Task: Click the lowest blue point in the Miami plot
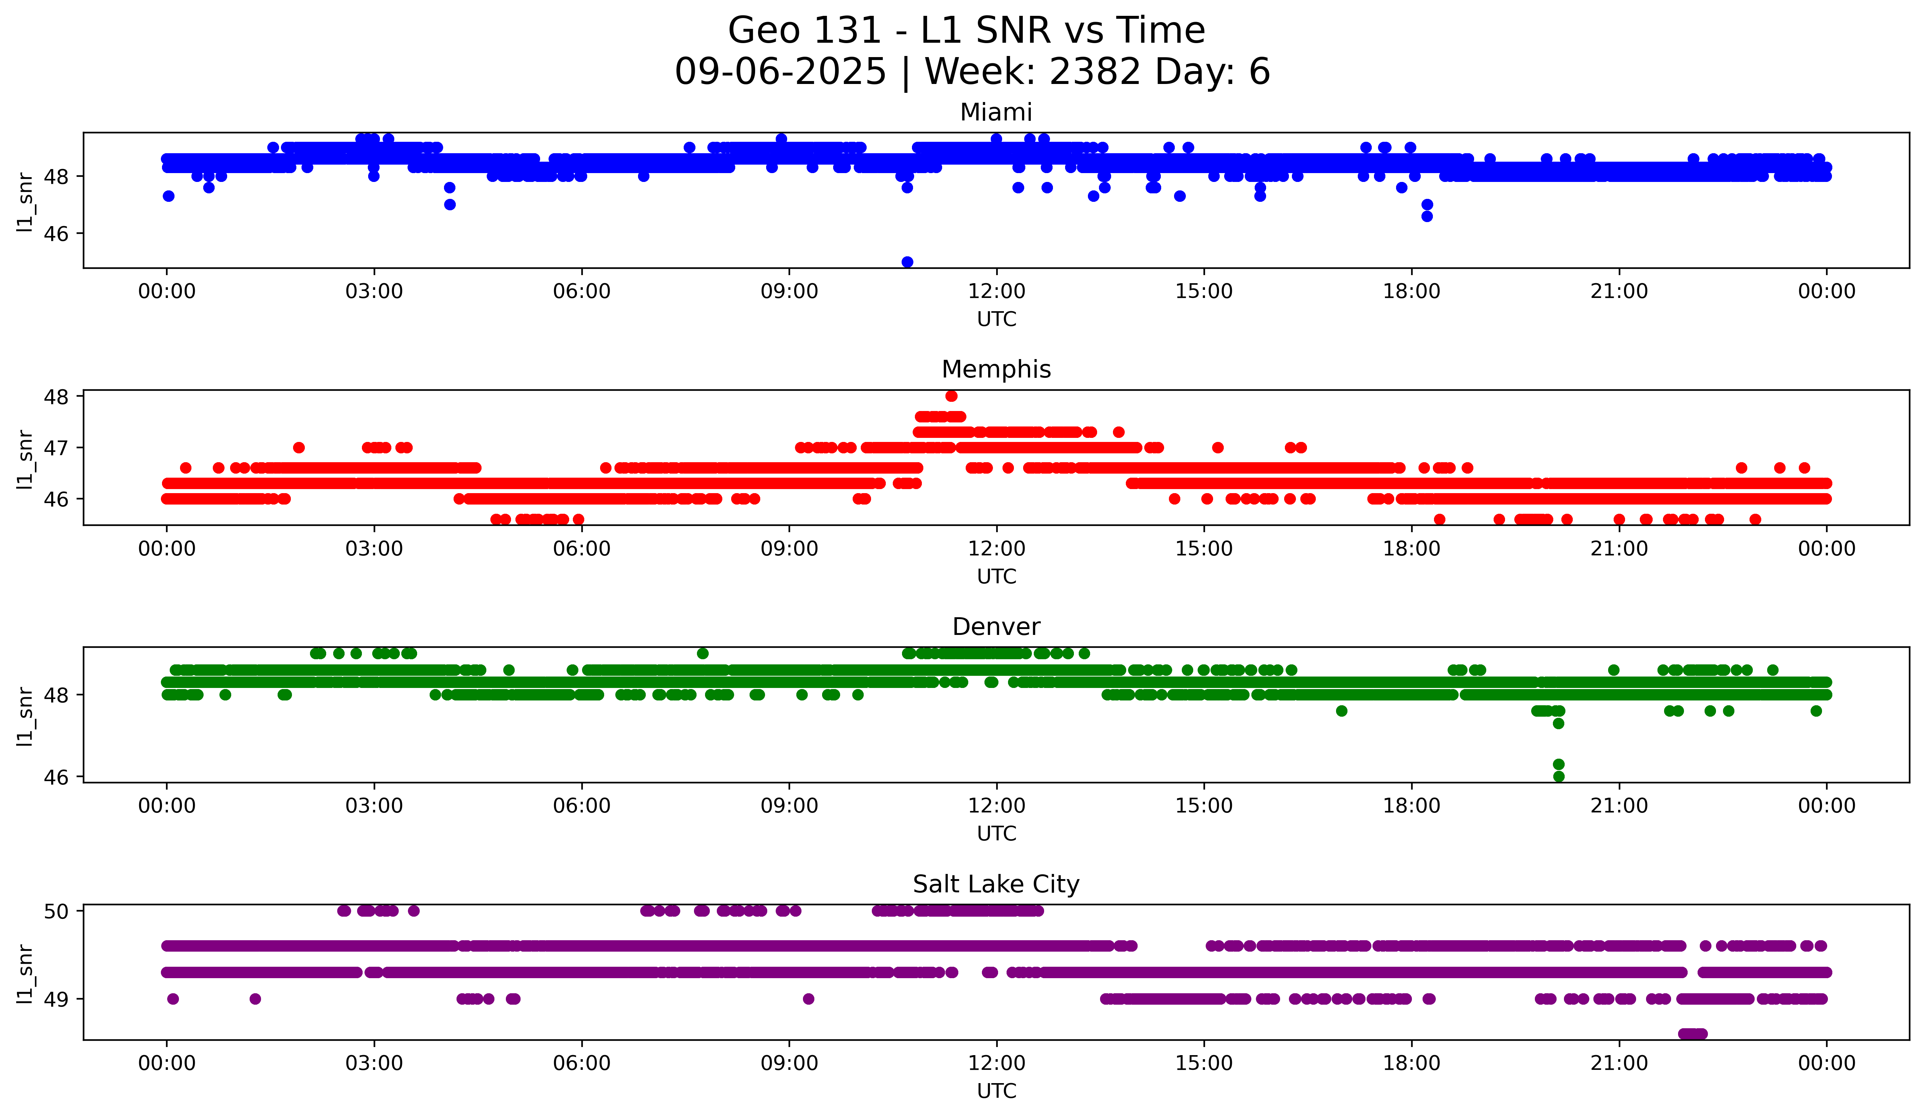point(907,262)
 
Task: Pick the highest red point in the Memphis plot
point(951,396)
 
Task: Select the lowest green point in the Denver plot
point(1559,776)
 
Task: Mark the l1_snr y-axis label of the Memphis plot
point(25,458)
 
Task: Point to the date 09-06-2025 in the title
point(780,72)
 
